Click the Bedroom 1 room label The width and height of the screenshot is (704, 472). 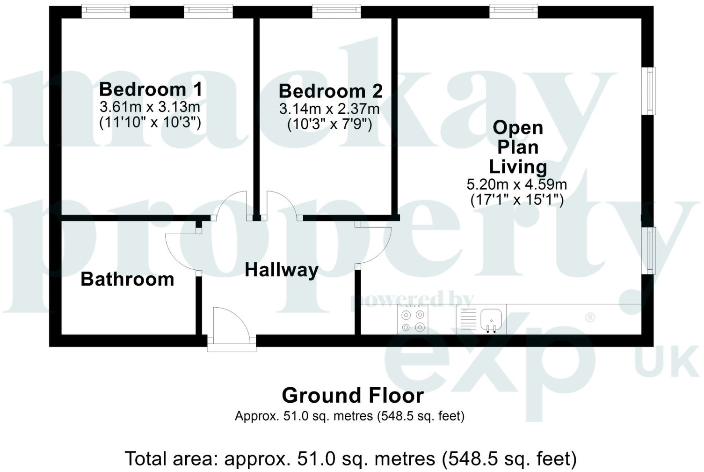151,89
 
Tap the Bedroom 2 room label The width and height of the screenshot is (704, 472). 330,91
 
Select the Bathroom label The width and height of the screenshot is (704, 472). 127,279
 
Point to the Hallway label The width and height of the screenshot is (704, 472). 282,270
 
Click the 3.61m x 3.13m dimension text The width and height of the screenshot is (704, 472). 150,107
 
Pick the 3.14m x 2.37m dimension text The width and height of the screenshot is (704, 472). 329,109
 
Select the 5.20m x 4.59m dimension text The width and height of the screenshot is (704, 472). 517,184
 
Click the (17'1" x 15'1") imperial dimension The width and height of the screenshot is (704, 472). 517,200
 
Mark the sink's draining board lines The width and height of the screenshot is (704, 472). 468,319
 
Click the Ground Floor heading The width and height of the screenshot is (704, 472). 353,396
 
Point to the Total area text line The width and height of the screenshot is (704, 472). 350,459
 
